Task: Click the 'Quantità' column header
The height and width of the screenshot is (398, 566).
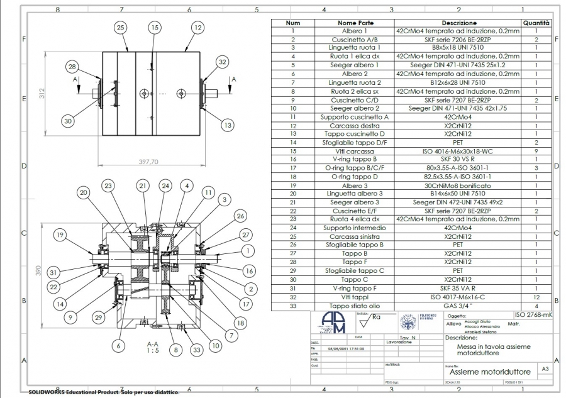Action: coord(536,23)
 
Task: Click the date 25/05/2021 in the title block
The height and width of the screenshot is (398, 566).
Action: coord(341,347)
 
